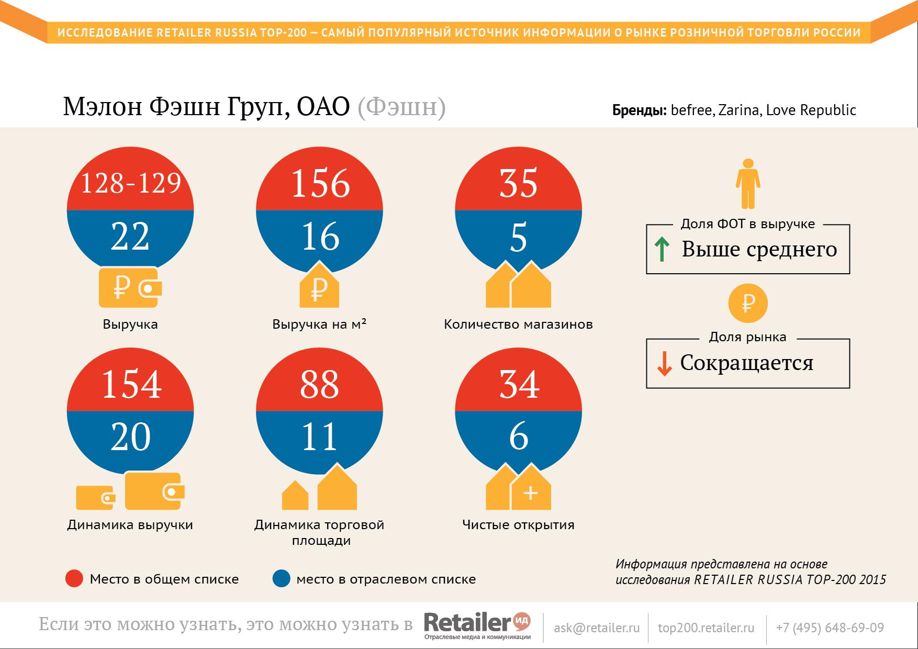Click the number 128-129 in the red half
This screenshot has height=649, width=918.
(x=131, y=183)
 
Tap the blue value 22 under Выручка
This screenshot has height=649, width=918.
(x=130, y=237)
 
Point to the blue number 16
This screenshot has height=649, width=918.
(x=320, y=237)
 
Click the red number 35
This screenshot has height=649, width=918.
(x=518, y=183)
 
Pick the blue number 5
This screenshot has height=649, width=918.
(x=518, y=238)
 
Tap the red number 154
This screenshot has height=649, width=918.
(x=131, y=385)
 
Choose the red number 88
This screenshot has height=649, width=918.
(x=319, y=385)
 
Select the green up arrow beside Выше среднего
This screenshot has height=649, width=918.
(x=662, y=249)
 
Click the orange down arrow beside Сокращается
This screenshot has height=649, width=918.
(x=664, y=363)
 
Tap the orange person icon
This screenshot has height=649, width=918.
(x=748, y=184)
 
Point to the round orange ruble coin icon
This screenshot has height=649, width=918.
(x=748, y=303)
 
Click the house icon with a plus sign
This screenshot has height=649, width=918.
(x=530, y=489)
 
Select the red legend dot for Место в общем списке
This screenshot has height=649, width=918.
(x=74, y=579)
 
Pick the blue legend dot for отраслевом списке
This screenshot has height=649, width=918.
(x=282, y=579)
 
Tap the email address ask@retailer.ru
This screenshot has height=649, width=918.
(x=597, y=628)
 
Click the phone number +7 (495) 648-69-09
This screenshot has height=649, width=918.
(x=830, y=628)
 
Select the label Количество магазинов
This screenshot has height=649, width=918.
(x=518, y=324)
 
